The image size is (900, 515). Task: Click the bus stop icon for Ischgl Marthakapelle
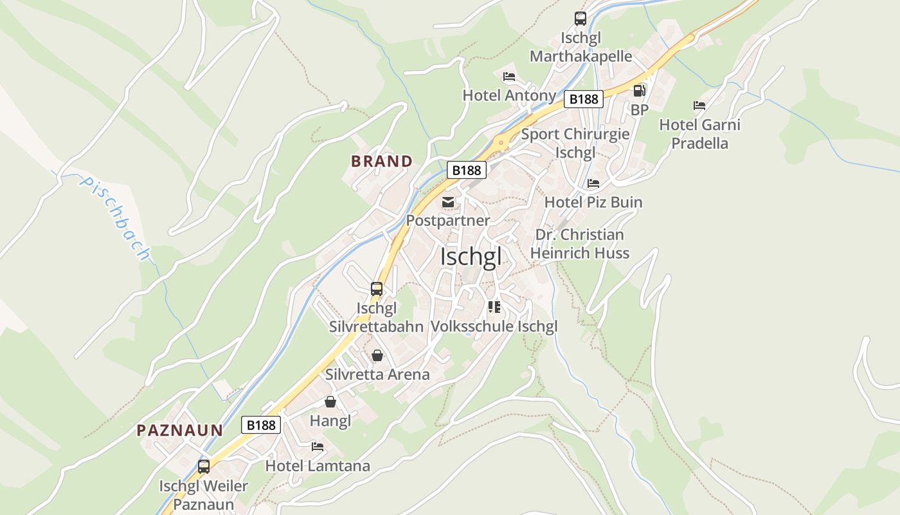coord(580,19)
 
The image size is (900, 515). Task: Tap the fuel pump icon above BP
coord(639,91)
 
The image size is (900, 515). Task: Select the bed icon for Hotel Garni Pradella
coord(699,106)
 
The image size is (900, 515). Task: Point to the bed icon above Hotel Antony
coord(509,77)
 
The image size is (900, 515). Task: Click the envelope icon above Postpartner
coord(448,203)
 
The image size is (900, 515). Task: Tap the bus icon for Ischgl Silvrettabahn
coord(377,289)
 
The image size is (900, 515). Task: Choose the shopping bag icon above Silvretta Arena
coord(377,355)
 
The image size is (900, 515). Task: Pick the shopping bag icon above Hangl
coord(330,402)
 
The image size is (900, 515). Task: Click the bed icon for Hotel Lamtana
coord(318,446)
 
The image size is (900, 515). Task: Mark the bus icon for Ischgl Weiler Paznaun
coord(204,467)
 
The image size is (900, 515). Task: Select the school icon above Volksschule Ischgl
coord(494,307)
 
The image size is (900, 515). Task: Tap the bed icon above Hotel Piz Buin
coord(593,183)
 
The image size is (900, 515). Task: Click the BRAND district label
coord(382,161)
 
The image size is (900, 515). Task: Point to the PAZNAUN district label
coord(180,430)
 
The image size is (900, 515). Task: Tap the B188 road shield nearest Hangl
coord(261,425)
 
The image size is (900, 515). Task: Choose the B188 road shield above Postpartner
coord(467,170)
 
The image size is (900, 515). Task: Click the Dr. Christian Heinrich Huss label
coord(580,244)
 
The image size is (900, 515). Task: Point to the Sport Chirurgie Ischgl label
coord(575,144)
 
